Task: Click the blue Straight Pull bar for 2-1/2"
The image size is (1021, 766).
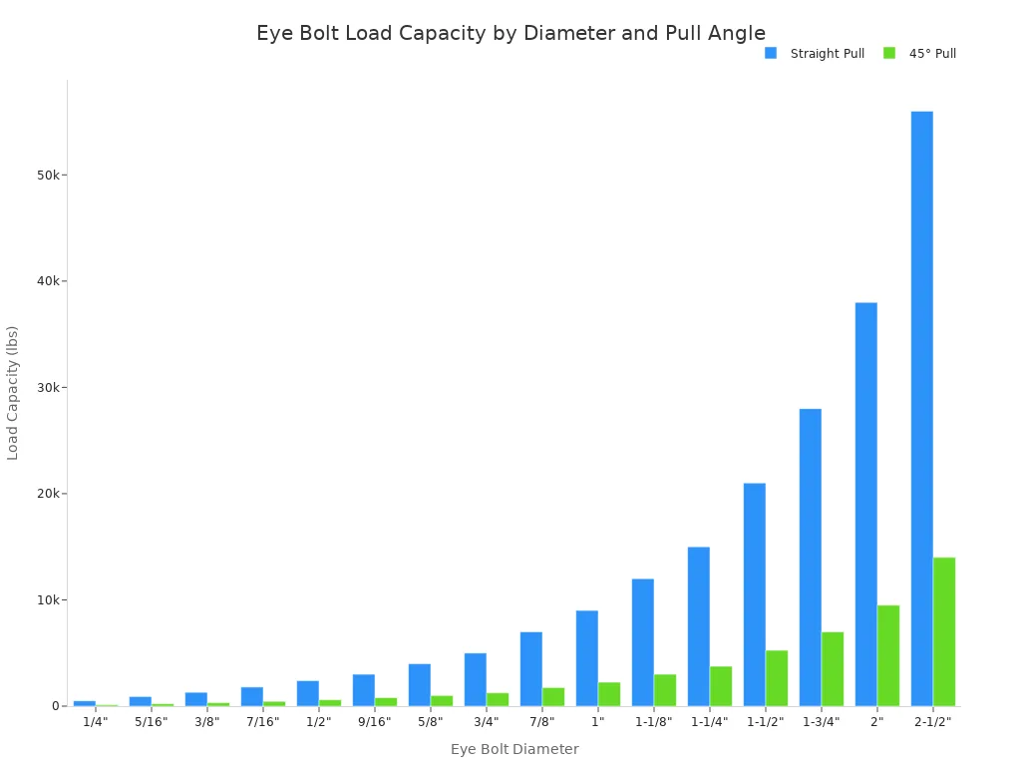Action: point(921,409)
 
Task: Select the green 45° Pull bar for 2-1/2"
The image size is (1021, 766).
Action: point(943,631)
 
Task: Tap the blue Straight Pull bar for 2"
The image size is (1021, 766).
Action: point(865,504)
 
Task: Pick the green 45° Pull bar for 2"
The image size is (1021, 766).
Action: point(887,655)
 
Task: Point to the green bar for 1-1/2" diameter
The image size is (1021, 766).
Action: point(776,678)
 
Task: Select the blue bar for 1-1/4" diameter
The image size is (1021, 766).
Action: point(698,626)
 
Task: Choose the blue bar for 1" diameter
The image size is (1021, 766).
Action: point(586,658)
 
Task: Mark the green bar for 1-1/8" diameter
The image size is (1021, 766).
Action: point(664,690)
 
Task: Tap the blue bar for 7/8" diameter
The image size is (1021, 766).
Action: point(530,668)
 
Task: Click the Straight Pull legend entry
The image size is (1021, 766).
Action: point(816,54)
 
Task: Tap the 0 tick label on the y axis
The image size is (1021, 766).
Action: point(57,706)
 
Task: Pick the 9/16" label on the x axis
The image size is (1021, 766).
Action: point(375,722)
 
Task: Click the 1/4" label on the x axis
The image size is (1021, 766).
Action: point(96,722)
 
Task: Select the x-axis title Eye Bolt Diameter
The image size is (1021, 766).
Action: point(514,749)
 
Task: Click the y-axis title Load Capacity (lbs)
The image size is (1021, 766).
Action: point(13,392)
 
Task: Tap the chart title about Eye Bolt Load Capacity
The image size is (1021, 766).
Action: point(510,33)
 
